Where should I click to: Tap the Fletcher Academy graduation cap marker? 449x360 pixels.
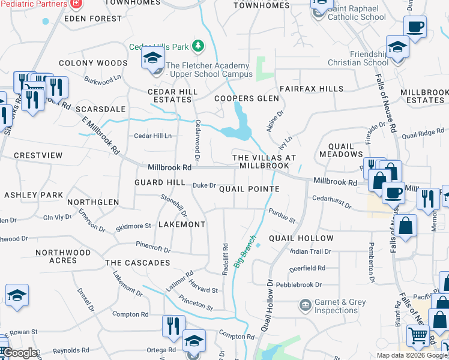tap(152, 58)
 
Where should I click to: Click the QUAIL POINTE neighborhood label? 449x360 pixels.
tap(249, 189)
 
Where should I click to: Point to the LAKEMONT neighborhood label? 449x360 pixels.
tap(181, 224)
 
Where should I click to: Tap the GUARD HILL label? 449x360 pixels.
tap(159, 182)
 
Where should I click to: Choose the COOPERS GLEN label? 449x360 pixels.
tap(247, 98)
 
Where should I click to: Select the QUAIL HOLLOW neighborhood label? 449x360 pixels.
tap(301, 238)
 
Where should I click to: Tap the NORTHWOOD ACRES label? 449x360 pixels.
tap(63, 256)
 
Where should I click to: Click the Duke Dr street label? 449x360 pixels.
tap(203, 185)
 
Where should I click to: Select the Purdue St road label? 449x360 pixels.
tap(282, 216)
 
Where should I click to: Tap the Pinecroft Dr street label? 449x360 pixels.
tap(153, 247)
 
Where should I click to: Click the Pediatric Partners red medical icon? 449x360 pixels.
tap(76, 4)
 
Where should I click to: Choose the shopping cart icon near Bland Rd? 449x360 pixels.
tap(417, 335)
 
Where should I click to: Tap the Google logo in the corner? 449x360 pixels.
tap(19, 353)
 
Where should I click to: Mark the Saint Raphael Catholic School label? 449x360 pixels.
tap(357, 13)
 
